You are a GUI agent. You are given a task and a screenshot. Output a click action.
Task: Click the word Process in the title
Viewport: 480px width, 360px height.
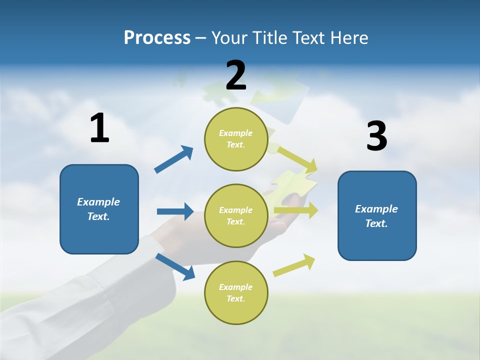tap(157, 38)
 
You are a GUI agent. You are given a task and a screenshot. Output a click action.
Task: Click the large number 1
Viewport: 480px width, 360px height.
tap(99, 128)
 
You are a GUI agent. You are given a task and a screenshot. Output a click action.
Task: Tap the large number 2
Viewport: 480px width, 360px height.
tap(236, 75)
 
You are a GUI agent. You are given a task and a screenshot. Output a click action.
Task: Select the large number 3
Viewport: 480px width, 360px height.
tap(376, 136)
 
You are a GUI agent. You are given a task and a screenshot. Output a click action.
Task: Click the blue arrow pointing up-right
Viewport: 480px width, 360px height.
tap(173, 159)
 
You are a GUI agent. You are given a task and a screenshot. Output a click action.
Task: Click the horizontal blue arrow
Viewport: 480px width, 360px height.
tap(175, 211)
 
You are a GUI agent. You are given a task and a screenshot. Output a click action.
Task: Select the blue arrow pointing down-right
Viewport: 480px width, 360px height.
tap(175, 266)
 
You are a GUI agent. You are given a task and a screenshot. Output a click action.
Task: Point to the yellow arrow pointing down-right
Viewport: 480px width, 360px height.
tap(298, 159)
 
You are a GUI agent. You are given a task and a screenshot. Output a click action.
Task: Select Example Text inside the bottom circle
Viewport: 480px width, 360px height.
tap(236, 293)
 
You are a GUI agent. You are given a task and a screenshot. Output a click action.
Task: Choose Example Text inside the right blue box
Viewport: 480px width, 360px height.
tap(376, 216)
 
